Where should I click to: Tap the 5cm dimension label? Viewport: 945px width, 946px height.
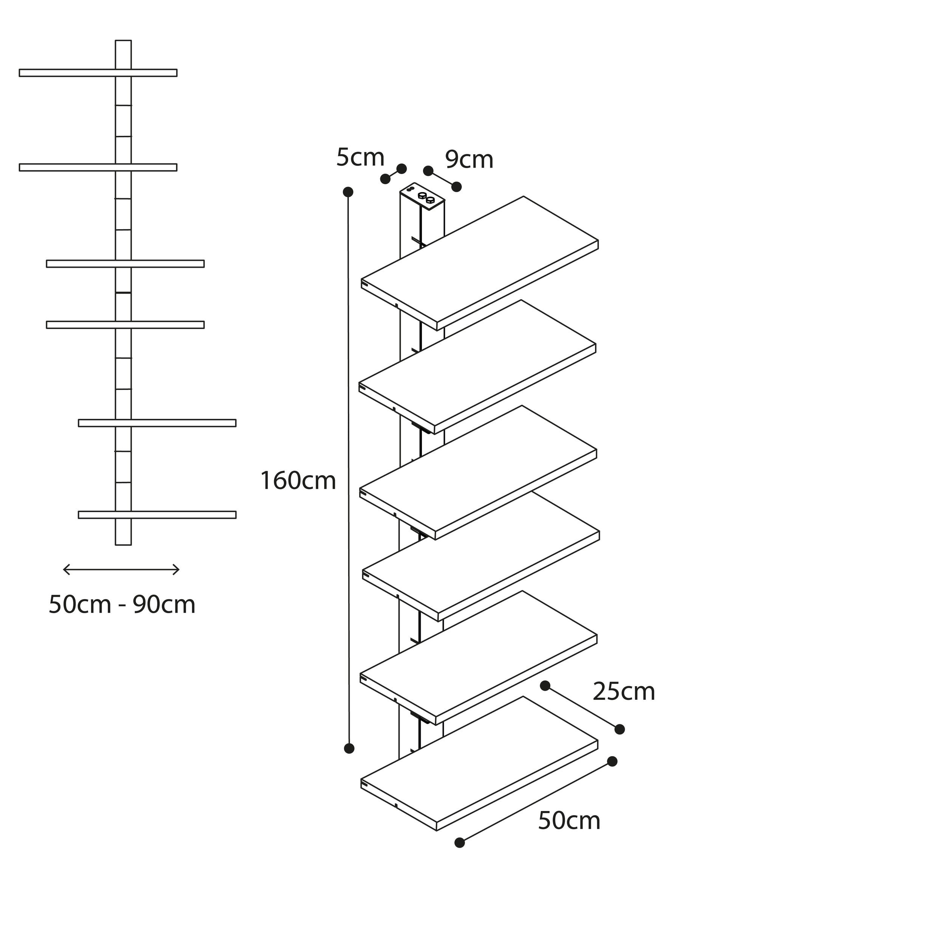(x=360, y=158)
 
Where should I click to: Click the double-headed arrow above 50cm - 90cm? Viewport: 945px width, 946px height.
(x=121, y=570)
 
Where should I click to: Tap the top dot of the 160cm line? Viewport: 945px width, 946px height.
(x=349, y=192)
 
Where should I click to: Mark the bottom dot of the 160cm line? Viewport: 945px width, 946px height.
(x=349, y=748)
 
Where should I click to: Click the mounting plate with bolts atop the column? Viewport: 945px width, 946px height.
(x=422, y=196)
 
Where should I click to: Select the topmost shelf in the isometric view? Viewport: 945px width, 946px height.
(x=480, y=263)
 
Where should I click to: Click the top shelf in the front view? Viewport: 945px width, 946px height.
(x=98, y=73)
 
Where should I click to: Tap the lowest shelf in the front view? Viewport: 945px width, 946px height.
(x=157, y=515)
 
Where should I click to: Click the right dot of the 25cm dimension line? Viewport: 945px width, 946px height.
(x=620, y=729)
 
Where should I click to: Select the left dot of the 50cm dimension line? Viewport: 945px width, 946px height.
(x=460, y=842)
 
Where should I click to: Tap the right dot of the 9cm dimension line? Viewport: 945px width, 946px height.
(x=457, y=186)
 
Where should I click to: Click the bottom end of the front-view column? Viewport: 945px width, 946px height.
(x=123, y=544)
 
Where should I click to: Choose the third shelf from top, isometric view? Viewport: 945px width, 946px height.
(x=478, y=472)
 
